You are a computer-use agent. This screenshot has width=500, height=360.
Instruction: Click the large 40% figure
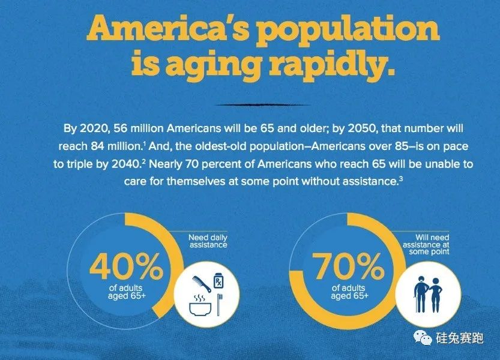tap(126, 268)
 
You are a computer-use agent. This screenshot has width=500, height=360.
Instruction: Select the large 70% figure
tap(349, 268)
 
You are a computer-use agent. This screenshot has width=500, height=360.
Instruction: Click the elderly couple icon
tap(428, 292)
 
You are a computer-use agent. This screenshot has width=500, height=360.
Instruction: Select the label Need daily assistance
tap(208, 241)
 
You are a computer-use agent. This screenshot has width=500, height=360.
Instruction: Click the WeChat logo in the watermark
tap(424, 339)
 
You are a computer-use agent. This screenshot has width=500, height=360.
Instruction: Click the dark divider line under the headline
tap(249, 104)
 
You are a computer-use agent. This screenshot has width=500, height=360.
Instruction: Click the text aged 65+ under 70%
tap(349, 296)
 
